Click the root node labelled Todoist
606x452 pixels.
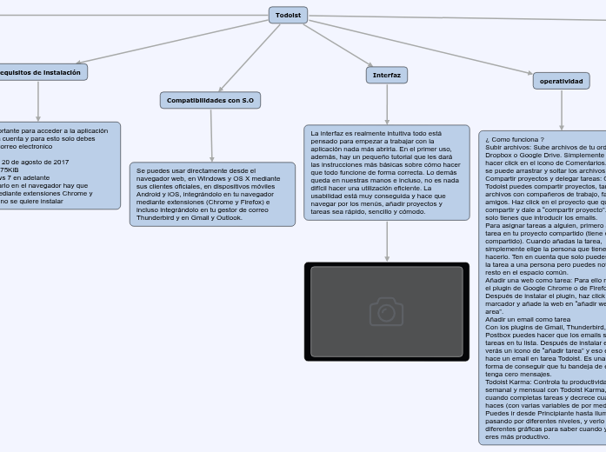click(x=289, y=16)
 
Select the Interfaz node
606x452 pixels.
click(x=387, y=76)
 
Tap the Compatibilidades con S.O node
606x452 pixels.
click(x=210, y=101)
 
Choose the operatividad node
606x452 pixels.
click(x=562, y=81)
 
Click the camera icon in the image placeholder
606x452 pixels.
click(x=386, y=311)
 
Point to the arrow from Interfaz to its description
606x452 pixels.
click(x=387, y=105)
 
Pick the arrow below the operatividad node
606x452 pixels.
click(x=562, y=110)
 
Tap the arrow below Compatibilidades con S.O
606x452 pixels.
click(x=211, y=136)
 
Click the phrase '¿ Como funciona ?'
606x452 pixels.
click(x=515, y=139)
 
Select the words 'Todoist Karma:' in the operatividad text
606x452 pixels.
click(x=512, y=382)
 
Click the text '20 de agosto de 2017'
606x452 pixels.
click(x=37, y=162)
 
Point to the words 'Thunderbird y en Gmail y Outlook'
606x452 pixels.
click(x=189, y=217)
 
